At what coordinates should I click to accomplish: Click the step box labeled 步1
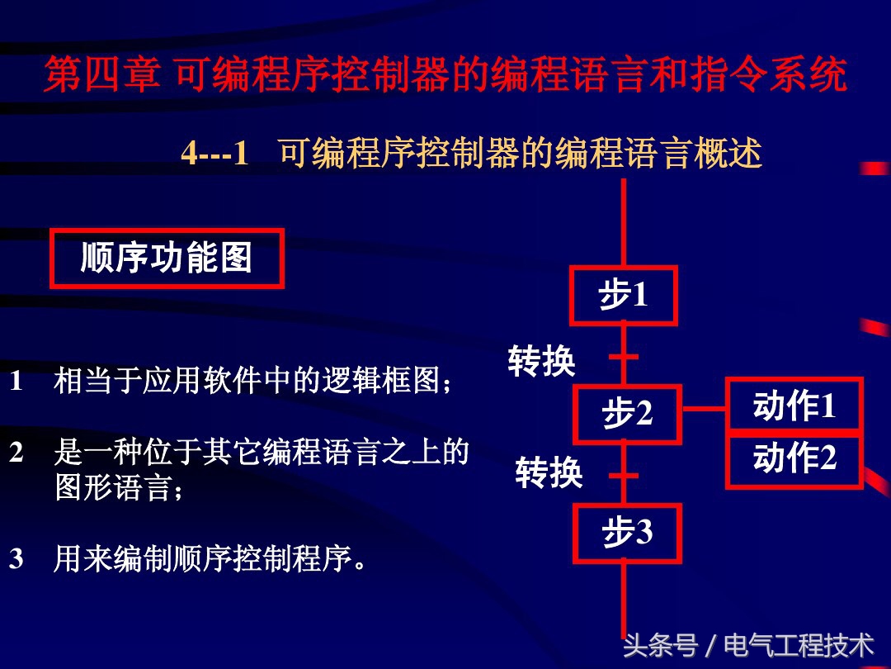click(624, 295)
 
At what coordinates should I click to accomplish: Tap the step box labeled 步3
click(627, 534)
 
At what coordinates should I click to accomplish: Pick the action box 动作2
click(794, 459)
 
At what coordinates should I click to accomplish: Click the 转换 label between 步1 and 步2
click(541, 361)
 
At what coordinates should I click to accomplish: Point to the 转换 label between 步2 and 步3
click(549, 473)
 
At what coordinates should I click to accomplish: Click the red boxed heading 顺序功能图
click(167, 259)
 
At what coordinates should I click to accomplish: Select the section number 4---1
click(214, 154)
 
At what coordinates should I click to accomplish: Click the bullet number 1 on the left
click(16, 382)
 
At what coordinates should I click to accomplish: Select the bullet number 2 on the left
click(16, 452)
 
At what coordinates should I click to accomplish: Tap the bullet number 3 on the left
click(16, 559)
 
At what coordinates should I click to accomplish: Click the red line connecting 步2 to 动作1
click(703, 408)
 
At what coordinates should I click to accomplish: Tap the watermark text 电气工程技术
click(799, 645)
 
